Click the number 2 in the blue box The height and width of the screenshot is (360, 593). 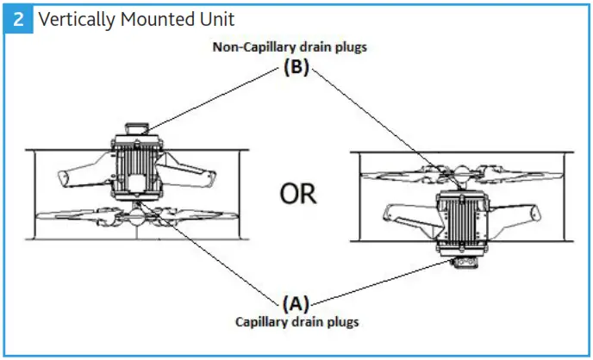pyautogui.click(x=18, y=19)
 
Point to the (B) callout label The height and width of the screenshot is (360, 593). pyautogui.click(x=295, y=69)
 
